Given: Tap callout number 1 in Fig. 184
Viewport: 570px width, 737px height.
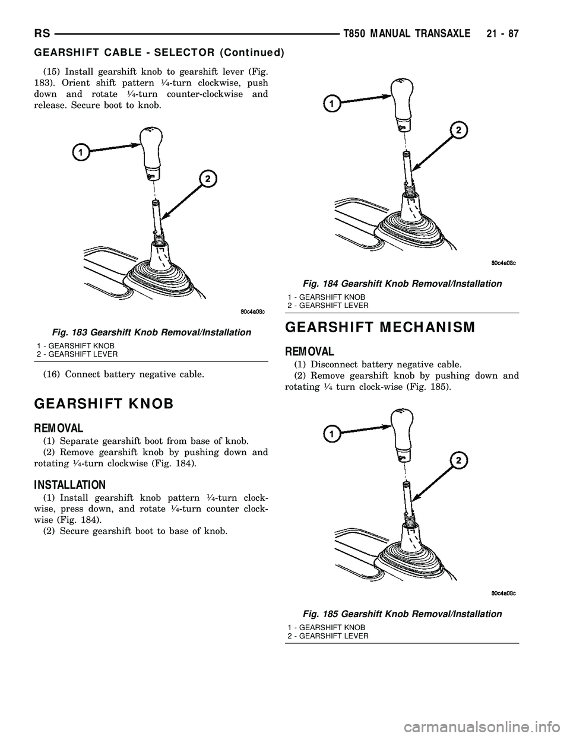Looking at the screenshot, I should tap(331, 104).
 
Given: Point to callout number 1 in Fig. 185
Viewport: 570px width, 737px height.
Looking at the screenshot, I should tap(331, 434).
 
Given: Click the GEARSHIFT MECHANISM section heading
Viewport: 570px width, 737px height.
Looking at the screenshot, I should tap(380, 327).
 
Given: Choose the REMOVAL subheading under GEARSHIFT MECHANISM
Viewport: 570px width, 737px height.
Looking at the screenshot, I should tap(310, 351).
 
